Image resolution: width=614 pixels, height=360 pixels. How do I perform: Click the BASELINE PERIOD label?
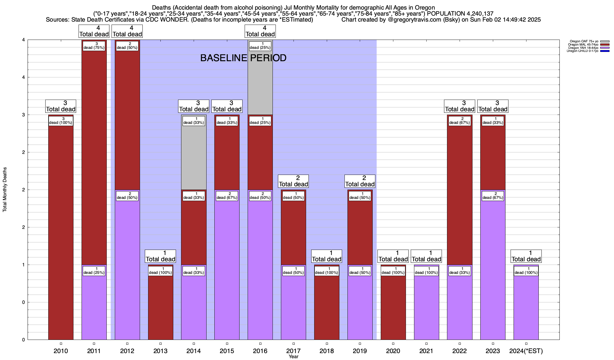pos(243,58)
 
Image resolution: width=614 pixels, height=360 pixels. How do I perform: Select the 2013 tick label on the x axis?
pos(160,351)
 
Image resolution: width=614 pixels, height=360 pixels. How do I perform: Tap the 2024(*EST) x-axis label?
pos(526,351)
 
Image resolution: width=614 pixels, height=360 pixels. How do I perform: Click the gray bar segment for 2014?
pos(194,156)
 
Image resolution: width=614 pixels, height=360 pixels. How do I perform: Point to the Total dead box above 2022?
pos(460,106)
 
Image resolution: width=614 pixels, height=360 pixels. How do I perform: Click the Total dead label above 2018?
pos(327,256)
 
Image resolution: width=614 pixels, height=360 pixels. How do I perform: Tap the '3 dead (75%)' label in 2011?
pos(94,46)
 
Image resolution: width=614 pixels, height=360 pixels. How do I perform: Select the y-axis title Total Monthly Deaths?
pos(5,190)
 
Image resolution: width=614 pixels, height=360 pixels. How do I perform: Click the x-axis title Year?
pos(294,357)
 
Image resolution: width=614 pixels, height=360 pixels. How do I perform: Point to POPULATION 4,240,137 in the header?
pos(460,13)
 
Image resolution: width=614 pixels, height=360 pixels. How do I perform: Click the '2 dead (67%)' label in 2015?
pos(227,196)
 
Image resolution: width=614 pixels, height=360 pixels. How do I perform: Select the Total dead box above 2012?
pos(127,31)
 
